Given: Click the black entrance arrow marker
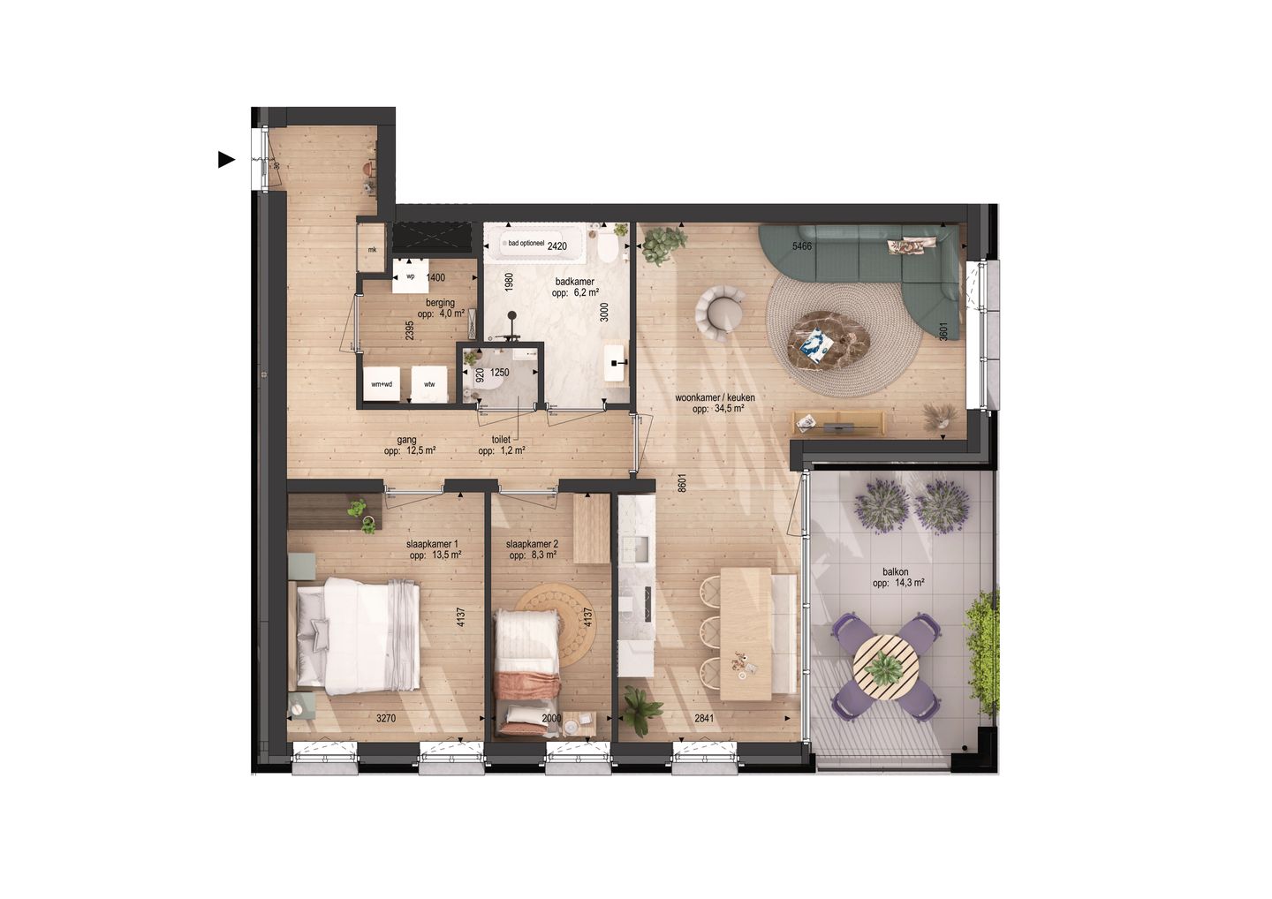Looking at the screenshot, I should (x=226, y=160).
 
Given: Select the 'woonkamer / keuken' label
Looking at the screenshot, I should (x=715, y=398).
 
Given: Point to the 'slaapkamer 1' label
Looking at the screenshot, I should (x=432, y=545).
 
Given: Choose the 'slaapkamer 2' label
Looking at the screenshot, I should (x=532, y=545).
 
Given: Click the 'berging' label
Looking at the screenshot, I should (x=440, y=303).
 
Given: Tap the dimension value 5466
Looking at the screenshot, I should (x=801, y=246).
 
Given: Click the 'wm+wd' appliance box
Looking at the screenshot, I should (x=382, y=384).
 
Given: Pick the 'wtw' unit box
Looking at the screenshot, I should (x=429, y=384).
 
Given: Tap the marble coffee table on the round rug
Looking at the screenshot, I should (x=829, y=339).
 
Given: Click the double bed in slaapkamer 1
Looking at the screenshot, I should (x=358, y=633).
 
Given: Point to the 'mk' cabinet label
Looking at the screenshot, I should (x=372, y=250).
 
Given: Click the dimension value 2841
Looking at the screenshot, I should (x=704, y=719).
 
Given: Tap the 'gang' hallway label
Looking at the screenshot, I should (x=406, y=440).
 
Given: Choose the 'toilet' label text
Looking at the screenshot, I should (x=502, y=440).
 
